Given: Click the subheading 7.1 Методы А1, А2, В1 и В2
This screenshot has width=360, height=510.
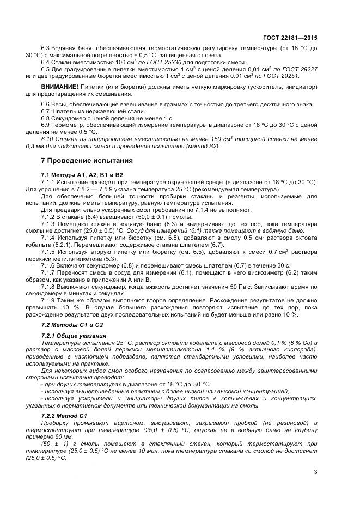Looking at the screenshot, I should point(78,174).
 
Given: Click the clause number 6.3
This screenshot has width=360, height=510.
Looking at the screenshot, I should point(46,48).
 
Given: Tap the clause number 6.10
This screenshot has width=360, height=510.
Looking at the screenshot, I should point(48,139).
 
